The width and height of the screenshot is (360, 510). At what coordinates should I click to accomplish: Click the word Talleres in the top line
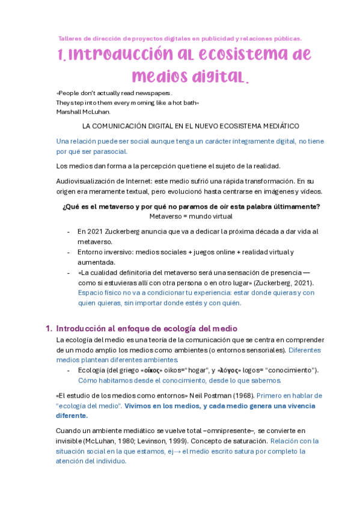click(69, 38)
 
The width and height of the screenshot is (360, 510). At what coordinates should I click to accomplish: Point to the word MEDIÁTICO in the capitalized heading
click(272, 126)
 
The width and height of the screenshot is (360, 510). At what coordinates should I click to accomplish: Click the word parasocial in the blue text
click(108, 151)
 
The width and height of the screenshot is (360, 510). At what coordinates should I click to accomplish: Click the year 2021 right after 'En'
click(99, 232)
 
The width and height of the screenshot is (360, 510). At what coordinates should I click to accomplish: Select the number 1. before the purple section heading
click(49, 329)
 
